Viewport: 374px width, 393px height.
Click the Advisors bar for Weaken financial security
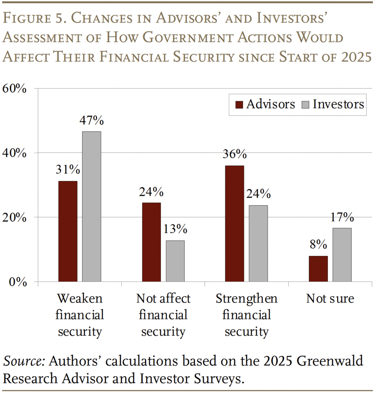pos(68,231)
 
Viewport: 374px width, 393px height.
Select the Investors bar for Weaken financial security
pos(91,206)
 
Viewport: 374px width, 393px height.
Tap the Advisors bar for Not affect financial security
pos(151,242)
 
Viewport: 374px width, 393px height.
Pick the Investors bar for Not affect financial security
pos(175,261)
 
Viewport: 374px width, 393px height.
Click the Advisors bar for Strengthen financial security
pos(235,224)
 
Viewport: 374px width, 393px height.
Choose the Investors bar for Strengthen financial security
pos(258,244)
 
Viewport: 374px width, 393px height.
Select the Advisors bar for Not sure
pos(318,269)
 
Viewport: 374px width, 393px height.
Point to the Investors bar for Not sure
pos(342,255)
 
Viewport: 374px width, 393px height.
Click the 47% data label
pos(91,121)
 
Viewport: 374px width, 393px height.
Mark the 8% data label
pos(318,244)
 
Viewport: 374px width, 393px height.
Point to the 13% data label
pos(175,230)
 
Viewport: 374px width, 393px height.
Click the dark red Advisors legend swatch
pos(239,105)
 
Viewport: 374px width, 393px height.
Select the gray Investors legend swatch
pos(306,105)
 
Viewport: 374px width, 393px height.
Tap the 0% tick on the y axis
pos(18,282)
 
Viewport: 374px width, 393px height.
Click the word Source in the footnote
pos(23,362)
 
